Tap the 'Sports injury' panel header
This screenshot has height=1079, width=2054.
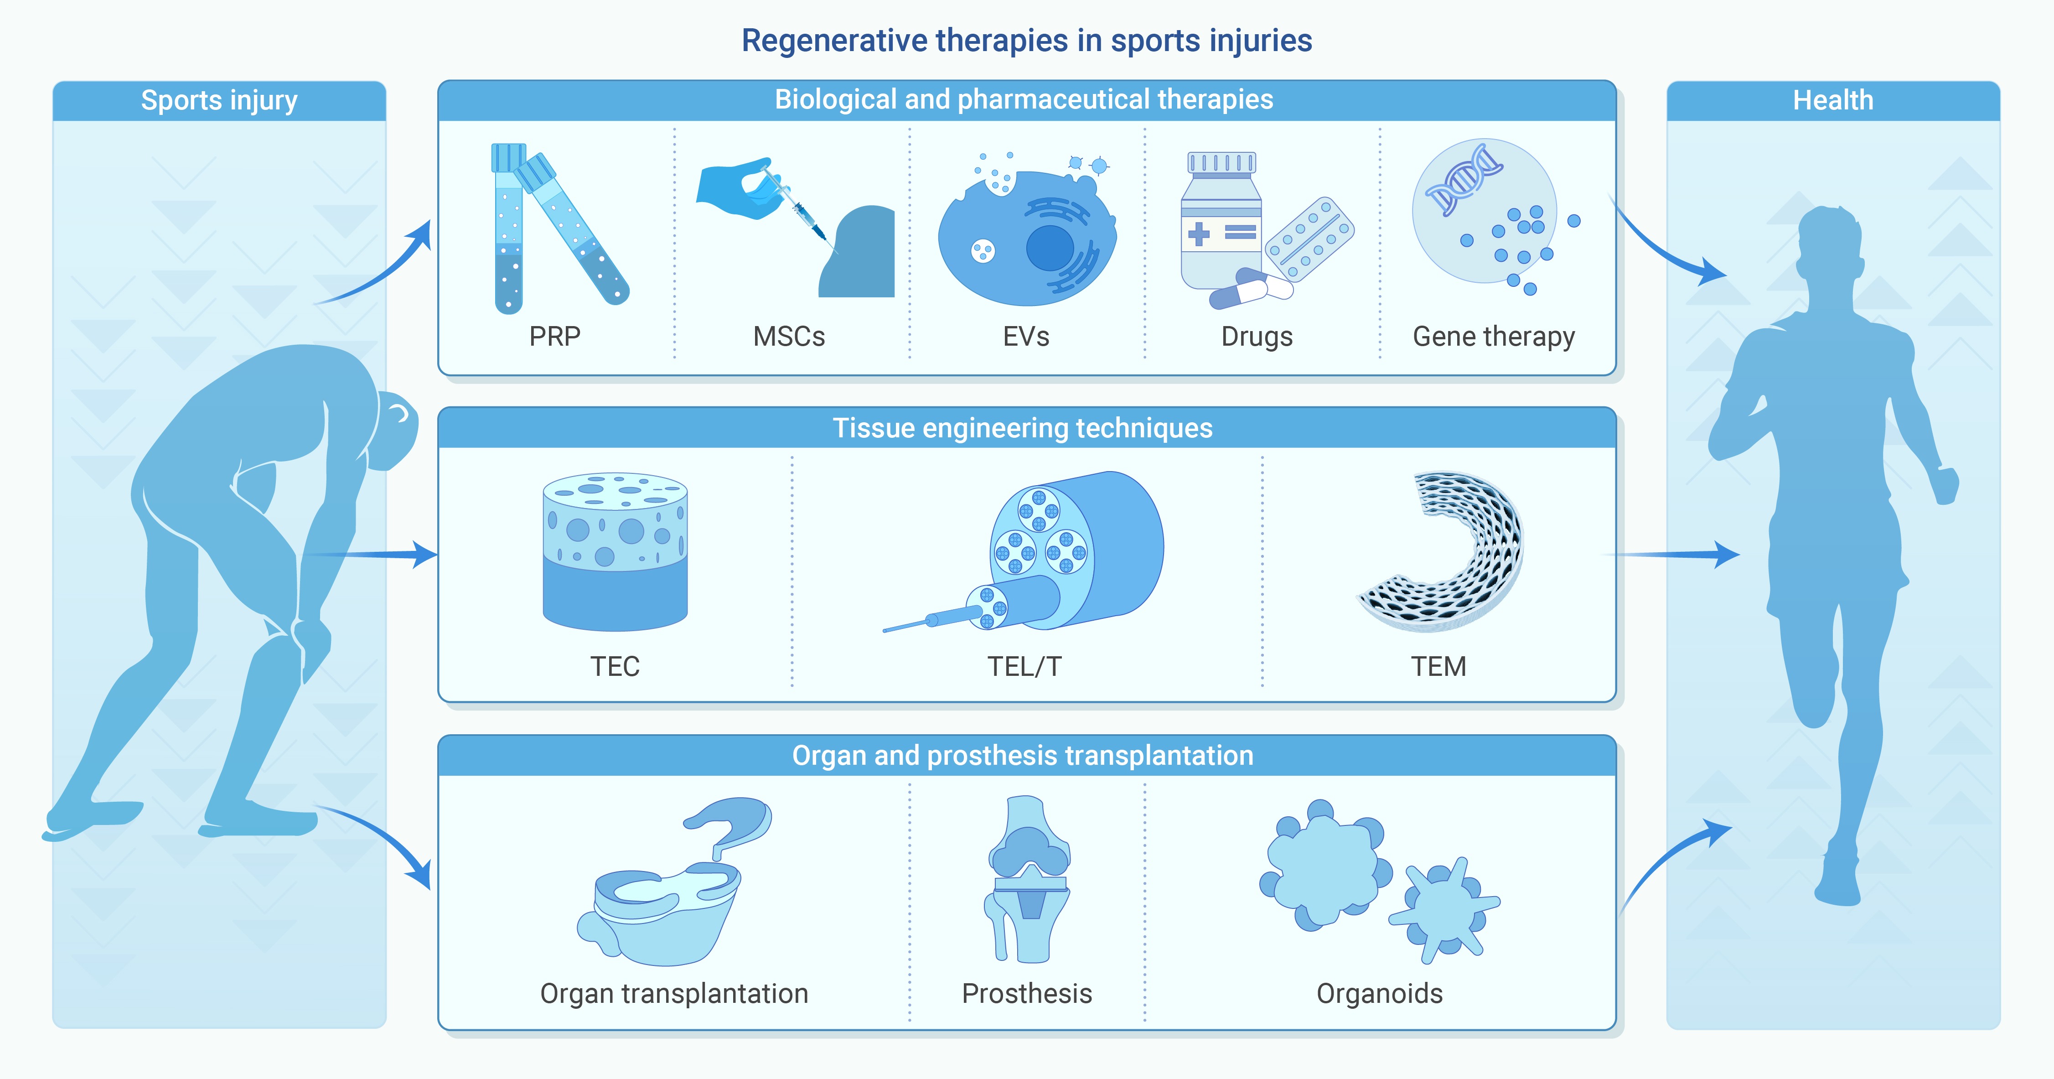click(219, 100)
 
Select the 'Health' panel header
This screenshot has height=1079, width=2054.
click(1833, 100)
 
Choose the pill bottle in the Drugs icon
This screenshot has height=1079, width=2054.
click(1220, 221)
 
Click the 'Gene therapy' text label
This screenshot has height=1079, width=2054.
click(1494, 337)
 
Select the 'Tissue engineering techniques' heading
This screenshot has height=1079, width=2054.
click(1023, 428)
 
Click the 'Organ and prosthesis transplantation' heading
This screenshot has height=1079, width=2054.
click(1023, 755)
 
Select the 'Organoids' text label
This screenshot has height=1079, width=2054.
click(1379, 994)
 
